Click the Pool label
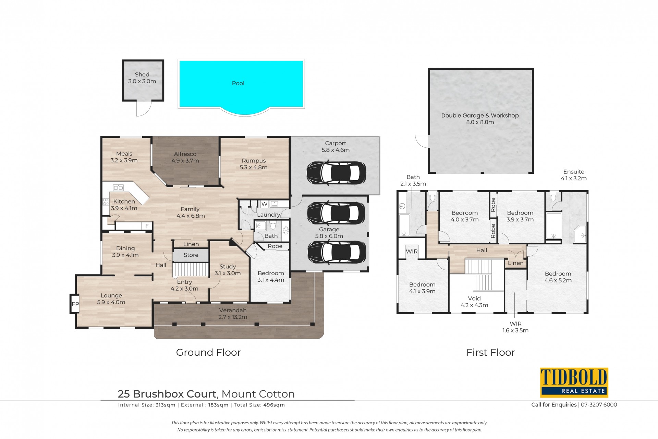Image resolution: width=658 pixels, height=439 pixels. [238, 83]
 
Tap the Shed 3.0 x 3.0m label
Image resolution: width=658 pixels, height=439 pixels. [142, 78]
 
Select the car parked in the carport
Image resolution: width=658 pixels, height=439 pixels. [336, 173]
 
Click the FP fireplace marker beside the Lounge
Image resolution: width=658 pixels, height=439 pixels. [75, 304]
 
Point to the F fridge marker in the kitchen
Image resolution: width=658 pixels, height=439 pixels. [147, 226]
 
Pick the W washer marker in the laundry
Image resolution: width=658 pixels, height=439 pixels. [264, 204]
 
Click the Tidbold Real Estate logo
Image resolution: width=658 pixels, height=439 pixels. [574, 382]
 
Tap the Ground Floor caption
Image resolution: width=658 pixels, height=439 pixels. [208, 352]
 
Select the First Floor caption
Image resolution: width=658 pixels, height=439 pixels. [490, 352]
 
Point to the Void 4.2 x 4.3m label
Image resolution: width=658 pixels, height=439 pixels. [474, 302]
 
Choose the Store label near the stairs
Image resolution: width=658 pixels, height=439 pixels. [191, 255]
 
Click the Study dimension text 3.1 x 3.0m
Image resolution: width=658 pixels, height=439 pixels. [228, 273]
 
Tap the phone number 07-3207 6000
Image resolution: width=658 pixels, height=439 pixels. [599, 405]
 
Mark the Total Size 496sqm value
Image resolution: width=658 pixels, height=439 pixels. [274, 405]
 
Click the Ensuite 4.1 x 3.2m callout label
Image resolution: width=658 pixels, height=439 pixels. [574, 175]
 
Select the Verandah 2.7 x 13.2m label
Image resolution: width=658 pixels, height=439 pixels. [233, 314]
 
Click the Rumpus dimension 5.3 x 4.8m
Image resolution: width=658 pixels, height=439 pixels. [254, 167]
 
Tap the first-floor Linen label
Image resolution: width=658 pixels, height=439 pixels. [516, 263]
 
